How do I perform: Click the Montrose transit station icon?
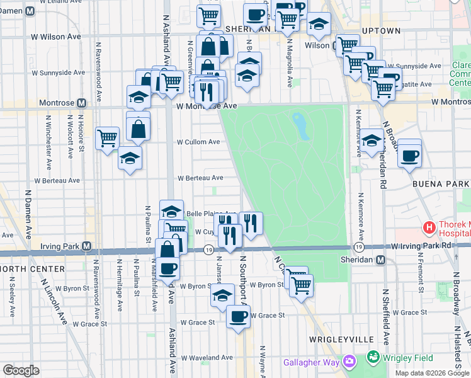coord(81,103)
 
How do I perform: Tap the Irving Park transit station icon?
coord(87,246)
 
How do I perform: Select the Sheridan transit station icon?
coord(380,260)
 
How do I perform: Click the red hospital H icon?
coord(429,227)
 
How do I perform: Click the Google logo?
coord(21,370)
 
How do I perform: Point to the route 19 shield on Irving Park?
coord(208,250)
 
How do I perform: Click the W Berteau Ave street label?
coord(200,178)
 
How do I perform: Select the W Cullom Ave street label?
coord(198,142)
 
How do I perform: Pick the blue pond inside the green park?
coord(302,125)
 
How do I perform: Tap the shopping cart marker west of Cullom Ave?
coord(108,138)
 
